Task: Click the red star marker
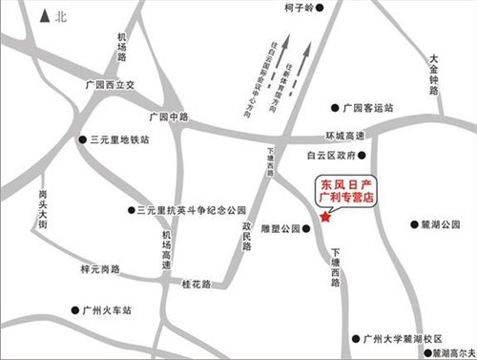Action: coord(325,219)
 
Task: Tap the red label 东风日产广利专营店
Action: coord(345,189)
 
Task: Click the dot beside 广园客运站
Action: coord(333,108)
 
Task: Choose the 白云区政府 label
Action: coord(329,154)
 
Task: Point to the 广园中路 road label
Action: coord(169,116)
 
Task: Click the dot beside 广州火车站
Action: coord(75,310)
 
